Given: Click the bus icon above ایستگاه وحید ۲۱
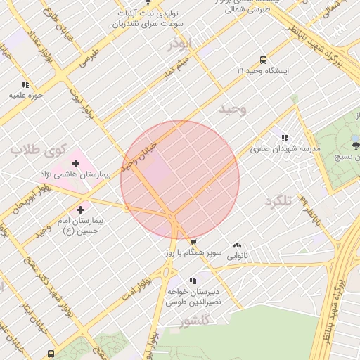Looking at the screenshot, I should coord(263,60).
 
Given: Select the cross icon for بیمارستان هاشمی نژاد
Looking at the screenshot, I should coord(75,163).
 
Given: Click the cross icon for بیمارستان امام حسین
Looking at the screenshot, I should coord(80,209).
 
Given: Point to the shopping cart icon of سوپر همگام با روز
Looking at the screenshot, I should coord(193,241).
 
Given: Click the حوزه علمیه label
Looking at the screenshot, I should coord(26,94).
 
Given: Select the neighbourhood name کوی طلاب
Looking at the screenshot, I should coord(37,149).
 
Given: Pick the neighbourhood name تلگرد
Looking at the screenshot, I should coord(278,201).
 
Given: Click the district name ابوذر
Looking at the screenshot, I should coord(179,44).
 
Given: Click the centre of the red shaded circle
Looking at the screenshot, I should coord(180,180).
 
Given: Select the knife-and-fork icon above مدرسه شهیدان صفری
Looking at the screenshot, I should coord(284,138).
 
